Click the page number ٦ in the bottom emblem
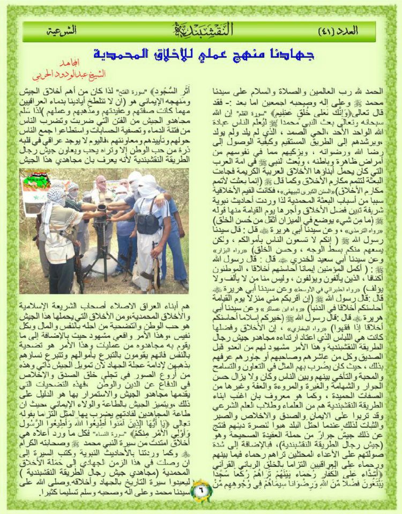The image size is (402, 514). tap(201, 488)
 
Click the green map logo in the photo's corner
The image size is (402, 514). tap(38, 180)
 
